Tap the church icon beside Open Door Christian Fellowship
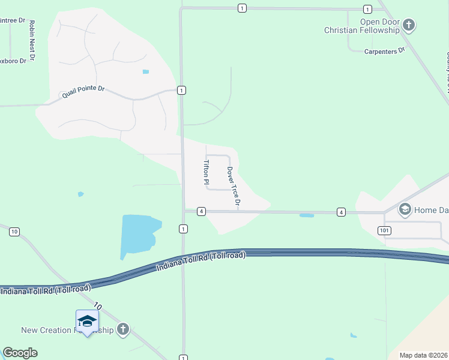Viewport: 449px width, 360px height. tap(409, 25)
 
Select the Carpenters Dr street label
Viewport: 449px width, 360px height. tap(385, 52)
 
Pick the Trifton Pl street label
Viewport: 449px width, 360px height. tap(206, 172)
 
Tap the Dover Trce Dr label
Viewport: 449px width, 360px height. tap(233, 187)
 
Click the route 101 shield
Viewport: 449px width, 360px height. tap(385, 230)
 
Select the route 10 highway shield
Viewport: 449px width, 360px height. tap(15, 232)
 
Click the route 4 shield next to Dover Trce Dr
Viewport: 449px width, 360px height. tap(201, 211)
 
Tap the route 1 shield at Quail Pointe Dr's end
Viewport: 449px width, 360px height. tap(181, 90)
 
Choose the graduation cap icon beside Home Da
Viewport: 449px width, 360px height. tap(405, 209)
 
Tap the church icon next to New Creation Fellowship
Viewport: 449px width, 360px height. tap(122, 329)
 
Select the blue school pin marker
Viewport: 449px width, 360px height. tap(87, 322)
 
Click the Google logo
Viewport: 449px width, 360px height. tap(20, 353)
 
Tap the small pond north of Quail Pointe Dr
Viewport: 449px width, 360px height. tap(145, 72)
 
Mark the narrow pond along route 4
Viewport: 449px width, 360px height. tap(306, 215)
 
